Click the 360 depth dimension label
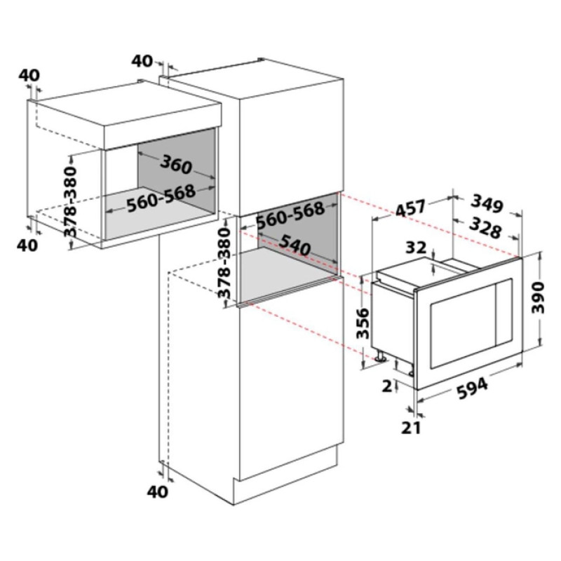[x=176, y=165]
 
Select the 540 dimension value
[x=294, y=245]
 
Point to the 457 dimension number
[x=411, y=208]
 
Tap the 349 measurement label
[x=487, y=203]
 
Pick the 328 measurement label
[x=485, y=228]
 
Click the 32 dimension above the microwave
[x=416, y=248]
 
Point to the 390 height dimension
[x=537, y=297]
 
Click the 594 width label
[x=473, y=389]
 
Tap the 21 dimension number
[x=411, y=427]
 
